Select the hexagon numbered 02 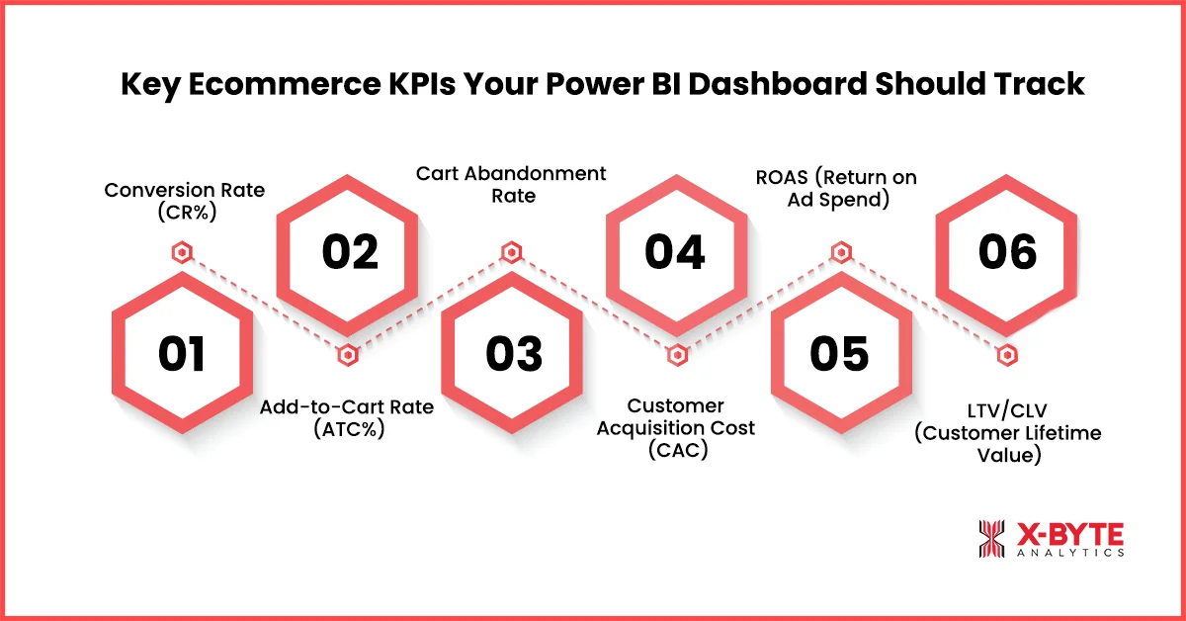(x=349, y=252)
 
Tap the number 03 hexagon (x=514, y=354)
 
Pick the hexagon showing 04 (x=675, y=252)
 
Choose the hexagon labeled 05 (x=839, y=354)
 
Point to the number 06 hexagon (x=1006, y=252)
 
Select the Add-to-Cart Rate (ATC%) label (x=346, y=417)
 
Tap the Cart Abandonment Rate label (x=511, y=185)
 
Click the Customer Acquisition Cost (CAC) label (x=676, y=428)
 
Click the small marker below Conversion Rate (x=181, y=253)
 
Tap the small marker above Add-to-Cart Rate (x=346, y=355)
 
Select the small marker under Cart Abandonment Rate (x=511, y=253)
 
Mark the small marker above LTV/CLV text (x=1006, y=355)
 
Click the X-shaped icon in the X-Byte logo (x=991, y=539)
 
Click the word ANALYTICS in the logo (x=1069, y=554)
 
